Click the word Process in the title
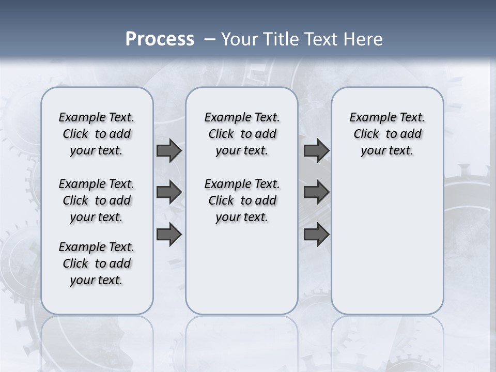coord(160,39)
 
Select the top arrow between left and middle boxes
coord(169,150)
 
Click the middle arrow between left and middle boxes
coord(169,192)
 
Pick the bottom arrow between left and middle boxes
coord(169,234)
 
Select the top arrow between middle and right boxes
coord(316,150)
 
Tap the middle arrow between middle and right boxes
coord(316,192)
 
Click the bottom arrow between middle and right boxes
coord(316,234)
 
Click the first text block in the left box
coord(97,134)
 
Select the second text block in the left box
coord(97,200)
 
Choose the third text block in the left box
coord(97,263)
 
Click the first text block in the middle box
coord(242,134)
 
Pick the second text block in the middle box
coord(242,200)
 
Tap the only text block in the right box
coord(387,134)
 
